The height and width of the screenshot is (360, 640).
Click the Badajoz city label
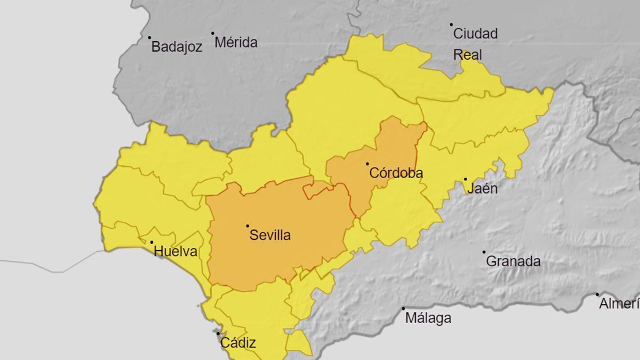click(177, 47)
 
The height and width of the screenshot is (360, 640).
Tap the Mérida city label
click(236, 43)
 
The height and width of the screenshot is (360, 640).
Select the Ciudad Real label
click(475, 44)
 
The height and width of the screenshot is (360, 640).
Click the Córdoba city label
click(396, 173)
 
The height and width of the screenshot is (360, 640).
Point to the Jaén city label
click(482, 188)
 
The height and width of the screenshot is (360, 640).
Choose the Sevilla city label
click(270, 235)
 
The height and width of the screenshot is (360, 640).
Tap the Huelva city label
click(175, 252)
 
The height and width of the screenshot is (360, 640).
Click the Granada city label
click(513, 261)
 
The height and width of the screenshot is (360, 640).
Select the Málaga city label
click(428, 318)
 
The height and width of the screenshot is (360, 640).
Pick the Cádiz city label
click(238, 343)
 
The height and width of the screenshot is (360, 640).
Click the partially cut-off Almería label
click(619, 304)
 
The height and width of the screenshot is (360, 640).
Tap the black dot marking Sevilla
click(247, 226)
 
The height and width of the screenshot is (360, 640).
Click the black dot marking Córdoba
click(367, 164)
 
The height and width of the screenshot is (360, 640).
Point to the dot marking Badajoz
click(149, 37)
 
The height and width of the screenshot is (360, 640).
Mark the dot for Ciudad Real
click(451, 25)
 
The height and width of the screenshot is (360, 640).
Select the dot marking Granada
click(484, 252)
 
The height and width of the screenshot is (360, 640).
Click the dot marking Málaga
click(403, 308)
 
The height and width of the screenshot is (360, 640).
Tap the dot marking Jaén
click(465, 179)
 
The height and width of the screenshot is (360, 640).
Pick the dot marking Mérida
click(212, 33)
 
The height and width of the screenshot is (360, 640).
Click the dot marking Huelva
click(151, 242)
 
